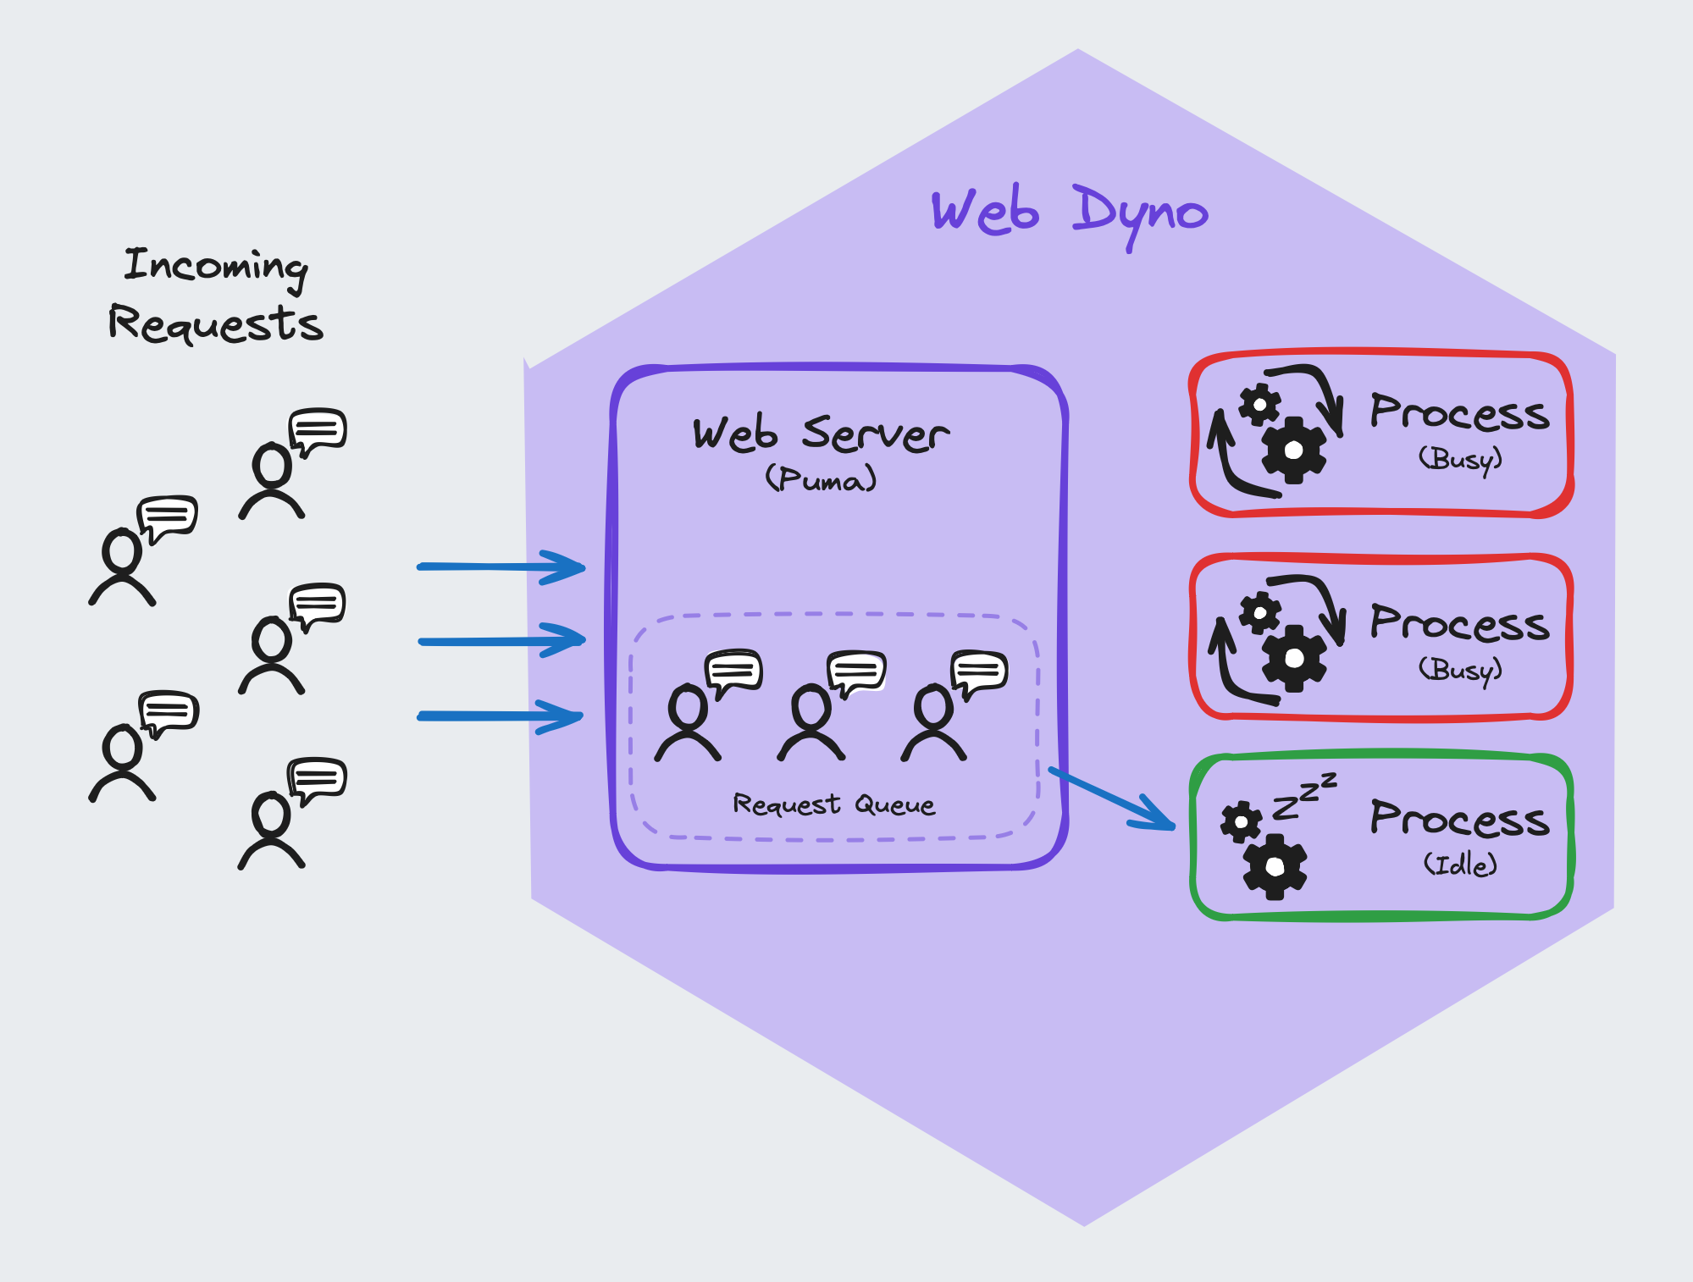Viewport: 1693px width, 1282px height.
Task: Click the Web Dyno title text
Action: pos(1069,212)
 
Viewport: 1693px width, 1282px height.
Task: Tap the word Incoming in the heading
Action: pos(215,266)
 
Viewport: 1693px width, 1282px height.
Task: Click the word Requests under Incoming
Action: pos(215,324)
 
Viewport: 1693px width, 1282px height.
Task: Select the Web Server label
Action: pos(820,434)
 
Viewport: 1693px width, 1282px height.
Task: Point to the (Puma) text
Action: pos(820,479)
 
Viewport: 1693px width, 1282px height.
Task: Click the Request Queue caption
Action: pos(833,804)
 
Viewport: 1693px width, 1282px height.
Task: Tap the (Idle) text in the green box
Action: pos(1460,865)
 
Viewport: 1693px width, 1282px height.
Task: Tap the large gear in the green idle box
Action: pos(1275,866)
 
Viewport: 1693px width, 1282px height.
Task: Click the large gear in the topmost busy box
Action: pos(1293,450)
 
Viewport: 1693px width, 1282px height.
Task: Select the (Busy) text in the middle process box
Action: pos(1460,670)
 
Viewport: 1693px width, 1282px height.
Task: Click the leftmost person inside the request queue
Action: pos(688,725)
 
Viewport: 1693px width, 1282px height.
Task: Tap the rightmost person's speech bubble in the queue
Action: pos(980,671)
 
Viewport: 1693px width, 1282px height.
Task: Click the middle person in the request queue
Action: pos(811,725)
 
